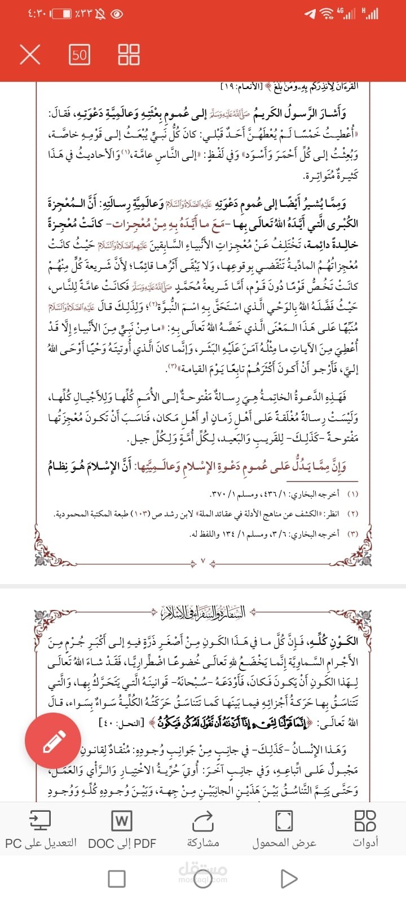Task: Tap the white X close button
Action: tap(30, 55)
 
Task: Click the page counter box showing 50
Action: tap(80, 55)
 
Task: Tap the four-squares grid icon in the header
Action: tap(129, 55)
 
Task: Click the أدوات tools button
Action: tap(365, 829)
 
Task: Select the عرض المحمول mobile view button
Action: tap(284, 829)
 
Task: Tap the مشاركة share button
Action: tap(203, 829)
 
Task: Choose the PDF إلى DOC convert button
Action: tap(122, 829)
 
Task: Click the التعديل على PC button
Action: tap(41, 829)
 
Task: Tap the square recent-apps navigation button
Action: tap(117, 878)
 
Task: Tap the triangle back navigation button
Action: tap(289, 878)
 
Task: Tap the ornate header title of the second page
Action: tap(203, 612)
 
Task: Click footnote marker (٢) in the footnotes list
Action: tap(353, 514)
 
